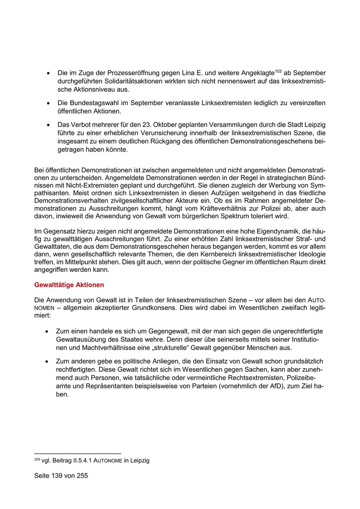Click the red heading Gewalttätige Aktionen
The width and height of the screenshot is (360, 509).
click(x=69, y=285)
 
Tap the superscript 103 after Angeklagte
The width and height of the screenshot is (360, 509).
click(x=278, y=71)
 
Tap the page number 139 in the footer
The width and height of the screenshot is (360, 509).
click(x=58, y=476)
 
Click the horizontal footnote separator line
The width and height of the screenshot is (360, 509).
click(x=78, y=454)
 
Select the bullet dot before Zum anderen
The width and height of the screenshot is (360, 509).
click(x=48, y=361)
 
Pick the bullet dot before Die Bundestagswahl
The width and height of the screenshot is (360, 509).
click(x=48, y=103)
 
